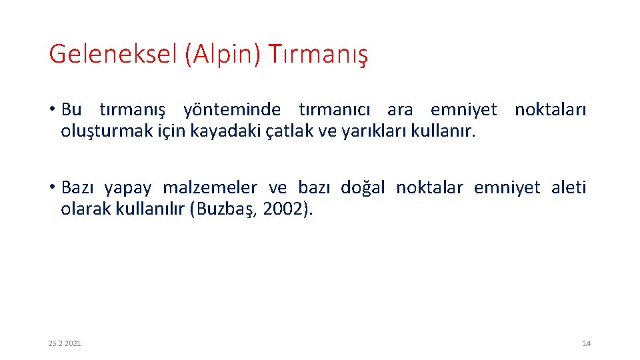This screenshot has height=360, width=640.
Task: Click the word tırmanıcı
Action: click(x=337, y=109)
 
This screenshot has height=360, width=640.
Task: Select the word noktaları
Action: click(x=550, y=109)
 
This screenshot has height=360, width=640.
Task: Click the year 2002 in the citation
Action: click(x=281, y=209)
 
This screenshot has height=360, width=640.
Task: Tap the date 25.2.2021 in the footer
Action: click(x=65, y=343)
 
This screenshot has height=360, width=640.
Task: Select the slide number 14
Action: click(x=586, y=343)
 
